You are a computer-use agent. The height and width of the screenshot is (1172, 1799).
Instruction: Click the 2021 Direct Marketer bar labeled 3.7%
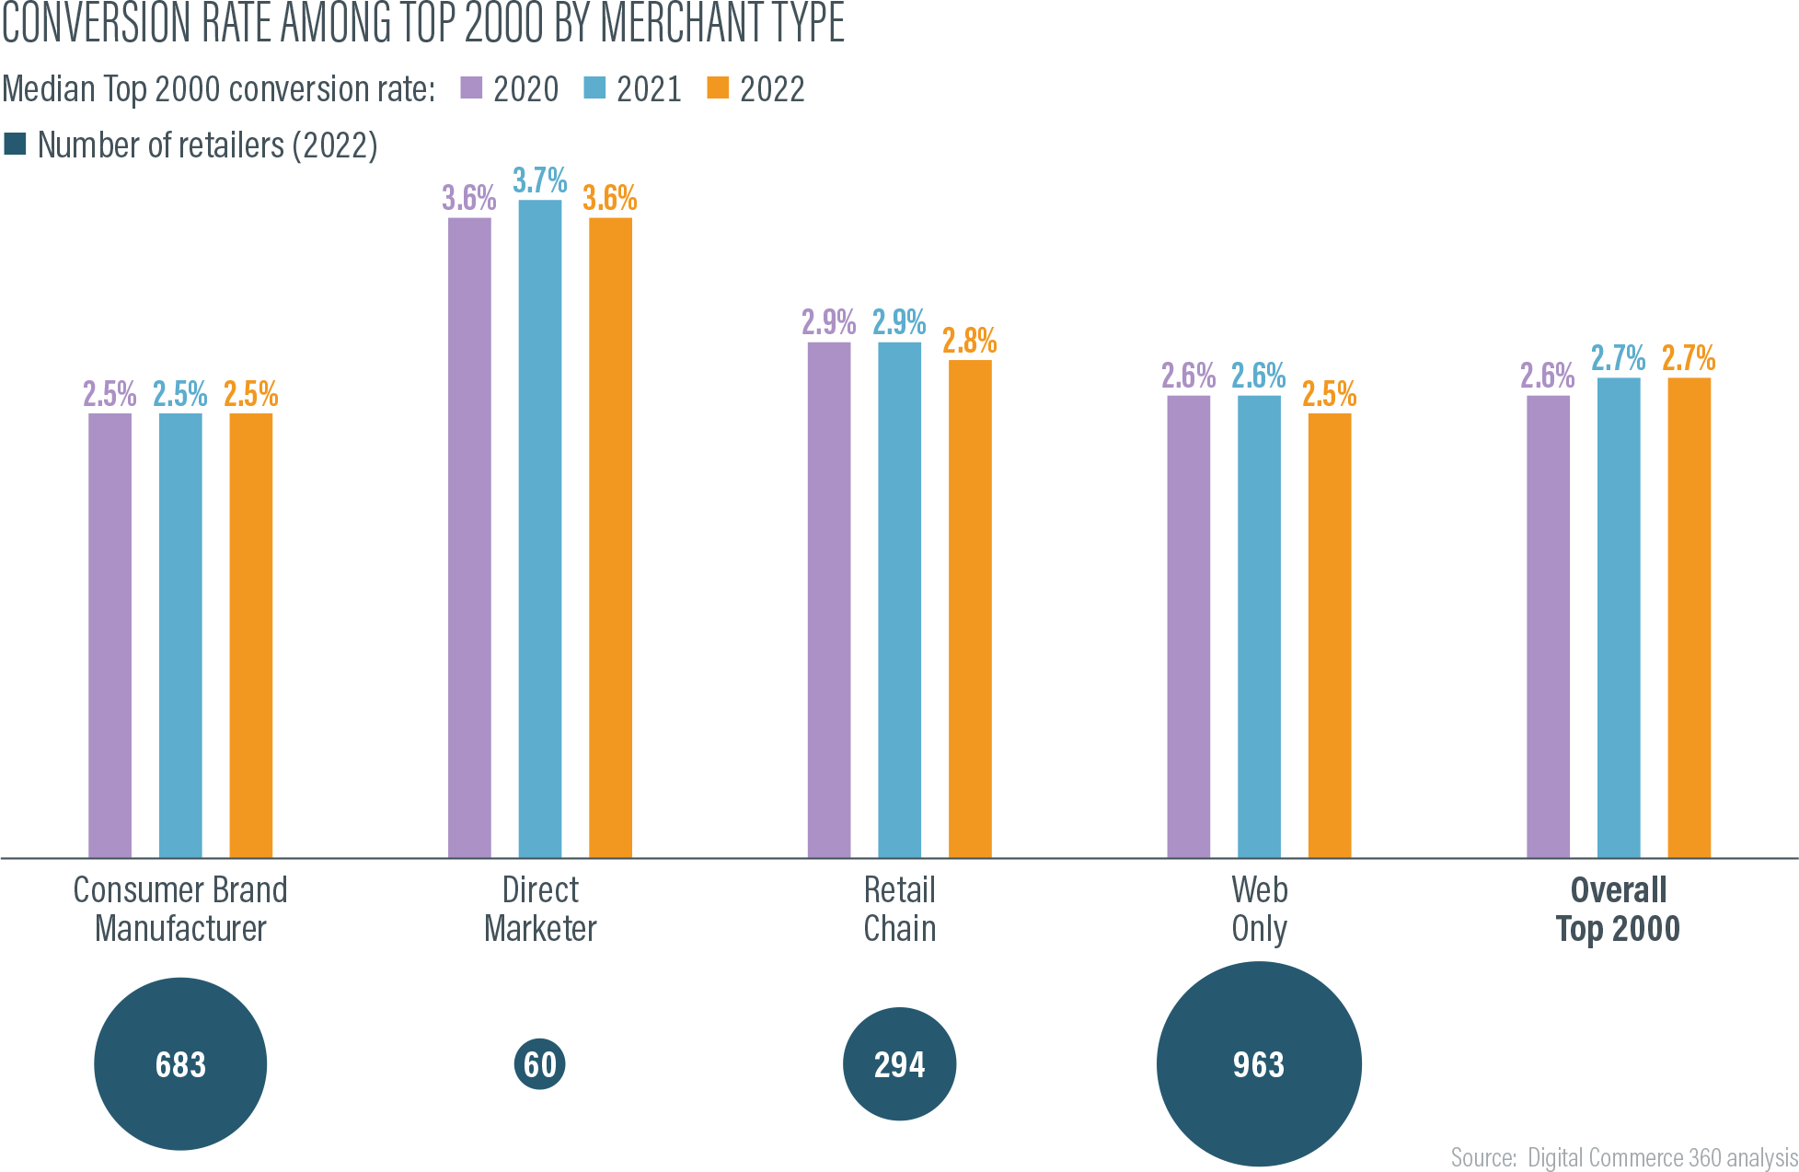540,528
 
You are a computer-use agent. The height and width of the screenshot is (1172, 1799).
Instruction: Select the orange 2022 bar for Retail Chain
970,609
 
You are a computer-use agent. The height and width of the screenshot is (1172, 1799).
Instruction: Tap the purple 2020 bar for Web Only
1188,626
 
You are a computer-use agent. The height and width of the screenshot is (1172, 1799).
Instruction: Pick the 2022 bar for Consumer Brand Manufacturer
250,635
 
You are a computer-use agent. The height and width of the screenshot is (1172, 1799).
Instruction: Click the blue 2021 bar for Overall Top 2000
1619,617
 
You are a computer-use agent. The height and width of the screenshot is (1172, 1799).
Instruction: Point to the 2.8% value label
970,342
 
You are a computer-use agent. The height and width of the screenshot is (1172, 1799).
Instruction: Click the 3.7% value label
540,180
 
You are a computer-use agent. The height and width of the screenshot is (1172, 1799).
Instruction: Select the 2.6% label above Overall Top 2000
1548,376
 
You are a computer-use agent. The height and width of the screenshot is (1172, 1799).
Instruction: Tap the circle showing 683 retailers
180,1064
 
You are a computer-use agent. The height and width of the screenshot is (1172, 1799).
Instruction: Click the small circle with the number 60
540,1064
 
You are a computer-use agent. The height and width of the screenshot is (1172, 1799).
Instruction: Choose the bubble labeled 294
900,1064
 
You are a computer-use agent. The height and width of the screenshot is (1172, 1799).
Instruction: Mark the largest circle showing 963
1259,1064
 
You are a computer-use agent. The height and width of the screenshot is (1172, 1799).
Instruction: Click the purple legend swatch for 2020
471,88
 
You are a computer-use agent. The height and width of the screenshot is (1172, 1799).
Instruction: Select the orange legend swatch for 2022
718,88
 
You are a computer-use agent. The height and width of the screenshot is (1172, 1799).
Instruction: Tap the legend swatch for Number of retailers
16,145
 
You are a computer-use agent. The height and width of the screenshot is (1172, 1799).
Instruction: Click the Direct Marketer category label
540,909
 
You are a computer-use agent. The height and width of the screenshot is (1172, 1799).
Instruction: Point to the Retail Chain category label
900,909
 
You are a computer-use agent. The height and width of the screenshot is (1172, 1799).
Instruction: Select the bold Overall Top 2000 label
1619,909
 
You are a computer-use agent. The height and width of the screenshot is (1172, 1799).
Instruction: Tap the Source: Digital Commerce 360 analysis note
1624,1157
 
